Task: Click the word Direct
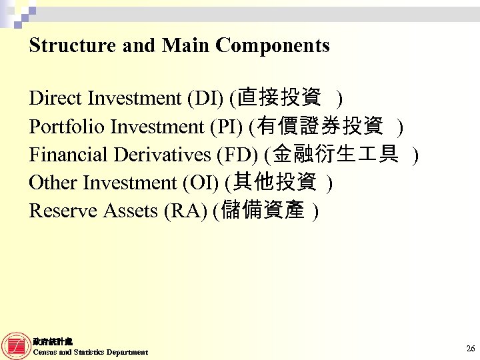click(55, 99)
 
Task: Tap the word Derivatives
click(163, 155)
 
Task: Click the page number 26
click(470, 349)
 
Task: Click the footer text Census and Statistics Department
click(90, 352)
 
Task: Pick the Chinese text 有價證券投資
click(319, 126)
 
